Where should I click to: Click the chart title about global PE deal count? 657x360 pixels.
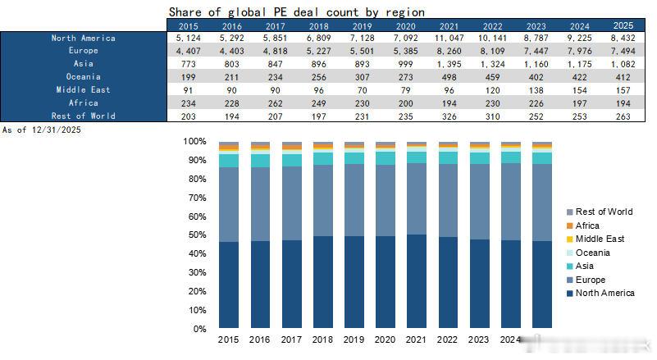point(296,12)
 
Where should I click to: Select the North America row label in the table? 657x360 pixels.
point(83,38)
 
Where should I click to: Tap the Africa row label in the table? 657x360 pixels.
point(83,103)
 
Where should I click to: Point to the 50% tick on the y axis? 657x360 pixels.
point(198,235)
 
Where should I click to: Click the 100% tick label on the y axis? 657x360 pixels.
point(196,141)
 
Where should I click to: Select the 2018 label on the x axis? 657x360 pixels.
point(323,339)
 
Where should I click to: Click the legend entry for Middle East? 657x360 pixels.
point(599,239)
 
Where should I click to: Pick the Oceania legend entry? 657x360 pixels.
point(592,253)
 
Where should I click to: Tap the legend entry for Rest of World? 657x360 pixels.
point(603,212)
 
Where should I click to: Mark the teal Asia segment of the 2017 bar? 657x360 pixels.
point(291,161)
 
